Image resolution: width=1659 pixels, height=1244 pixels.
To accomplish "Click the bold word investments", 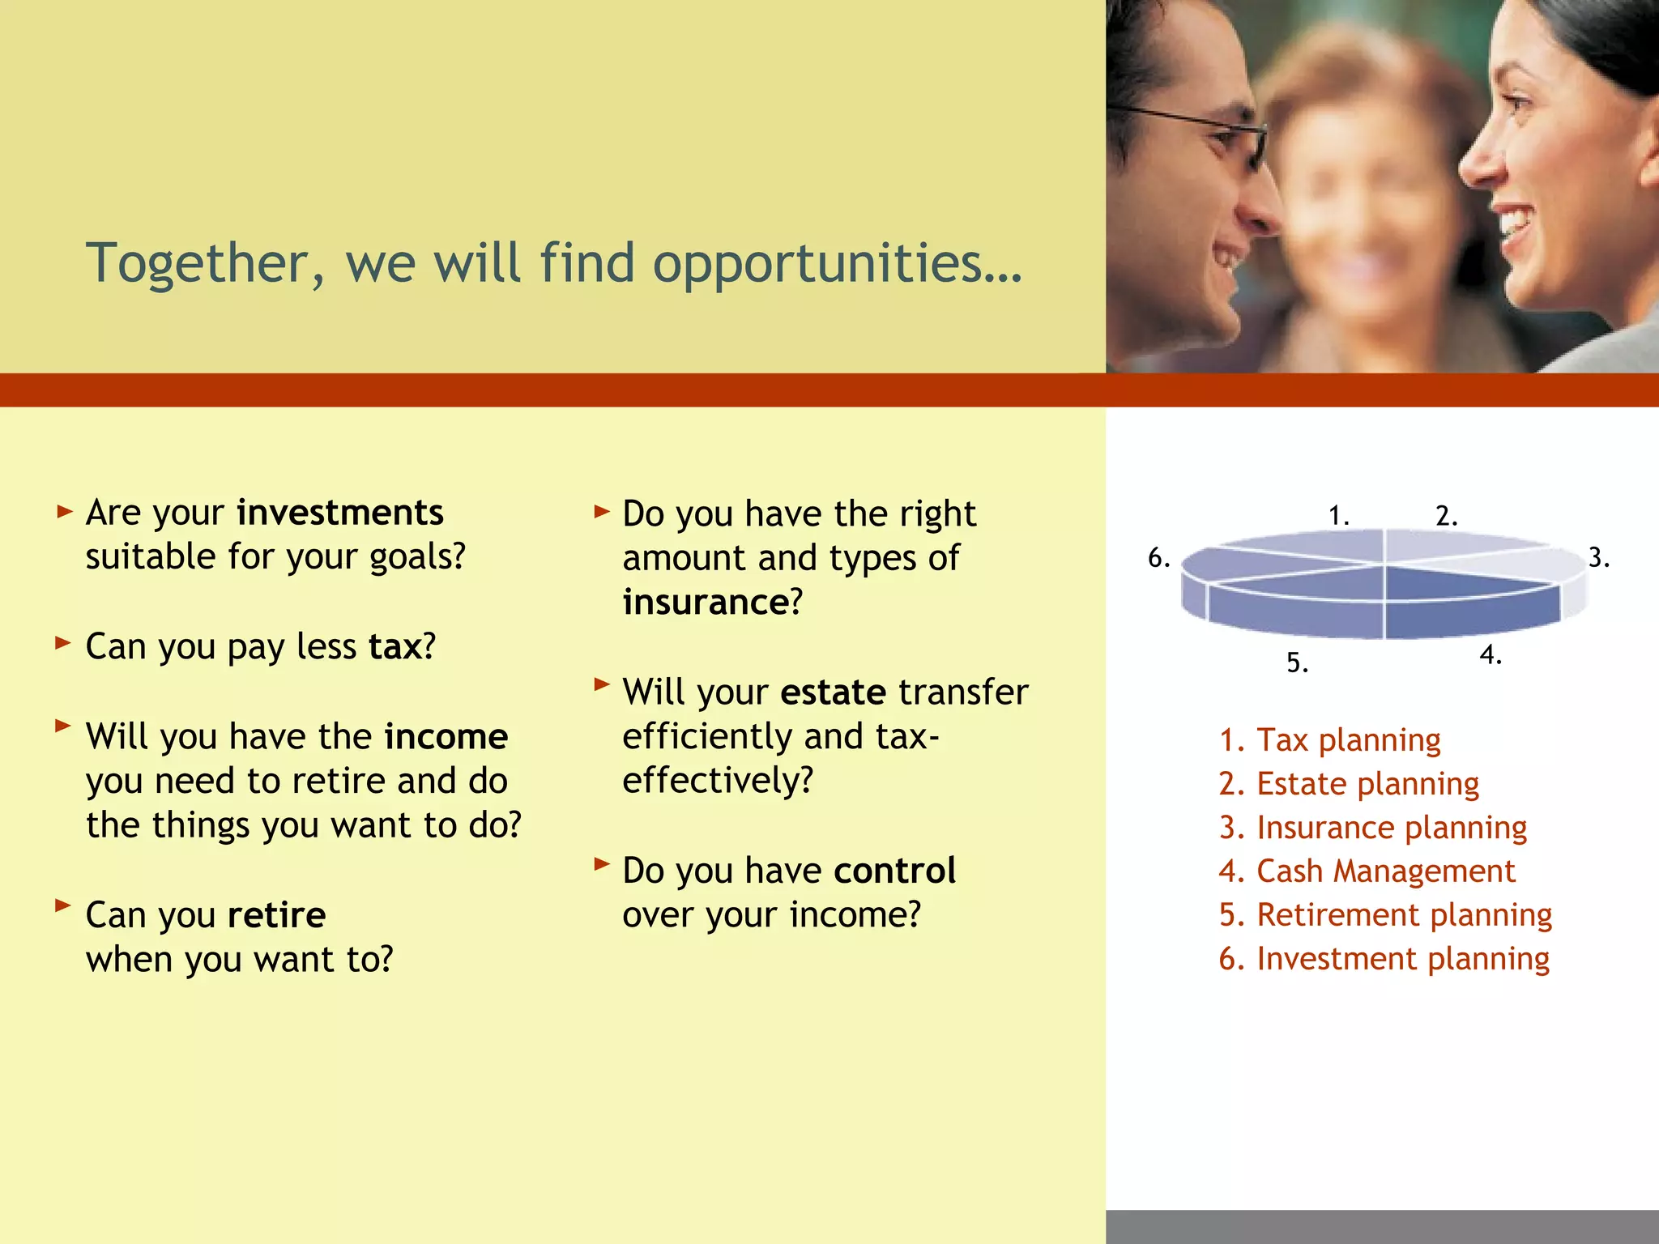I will click(x=339, y=513).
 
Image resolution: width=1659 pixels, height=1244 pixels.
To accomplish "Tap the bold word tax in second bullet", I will click(x=395, y=647).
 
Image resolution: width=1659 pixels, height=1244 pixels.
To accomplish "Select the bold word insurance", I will click(x=705, y=603).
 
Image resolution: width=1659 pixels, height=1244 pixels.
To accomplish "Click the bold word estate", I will click(x=833, y=692).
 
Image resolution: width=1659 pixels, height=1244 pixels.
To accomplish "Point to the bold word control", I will click(x=894, y=871).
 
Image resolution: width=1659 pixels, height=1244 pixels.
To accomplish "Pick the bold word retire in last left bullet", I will click(x=276, y=916).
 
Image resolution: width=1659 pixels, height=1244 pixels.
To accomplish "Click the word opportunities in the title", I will click(x=837, y=264).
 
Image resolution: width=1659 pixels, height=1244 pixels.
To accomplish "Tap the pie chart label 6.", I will click(x=1158, y=558).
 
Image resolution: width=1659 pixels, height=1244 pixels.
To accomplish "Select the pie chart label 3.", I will click(x=1597, y=558).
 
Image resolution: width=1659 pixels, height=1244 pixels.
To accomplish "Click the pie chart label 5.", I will click(x=1297, y=663).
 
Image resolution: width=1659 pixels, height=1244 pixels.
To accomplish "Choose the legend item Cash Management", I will click(x=1367, y=871).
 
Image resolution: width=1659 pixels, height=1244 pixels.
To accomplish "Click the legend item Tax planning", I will click(x=1329, y=740).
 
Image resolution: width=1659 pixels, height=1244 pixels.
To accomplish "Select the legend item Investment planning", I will click(x=1384, y=959).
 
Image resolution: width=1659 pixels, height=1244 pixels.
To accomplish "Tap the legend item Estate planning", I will click(x=1349, y=784).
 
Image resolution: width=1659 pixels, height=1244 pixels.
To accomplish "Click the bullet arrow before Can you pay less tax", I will click(x=63, y=644).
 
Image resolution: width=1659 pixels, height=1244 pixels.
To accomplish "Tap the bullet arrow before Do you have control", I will click(x=600, y=864).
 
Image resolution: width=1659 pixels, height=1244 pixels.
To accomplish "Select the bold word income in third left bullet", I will click(x=446, y=737).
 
